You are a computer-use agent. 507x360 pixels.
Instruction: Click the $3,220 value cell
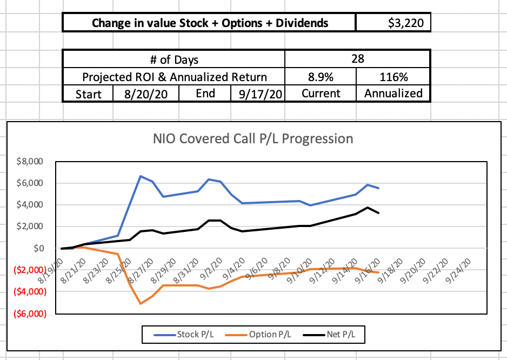pos(393,23)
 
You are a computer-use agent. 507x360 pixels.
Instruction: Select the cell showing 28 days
pos(357,59)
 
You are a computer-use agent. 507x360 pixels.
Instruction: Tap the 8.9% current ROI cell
pos(320,76)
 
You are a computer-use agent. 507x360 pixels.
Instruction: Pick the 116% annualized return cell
pos(393,76)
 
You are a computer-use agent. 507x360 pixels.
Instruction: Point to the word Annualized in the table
pos(393,93)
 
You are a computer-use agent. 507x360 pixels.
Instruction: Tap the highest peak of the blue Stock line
pos(141,176)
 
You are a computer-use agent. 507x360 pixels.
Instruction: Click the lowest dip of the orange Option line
pos(141,304)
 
